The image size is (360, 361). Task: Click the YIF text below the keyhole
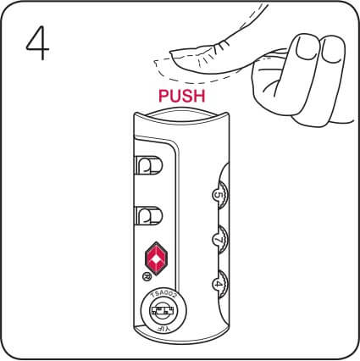[x=159, y=328]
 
